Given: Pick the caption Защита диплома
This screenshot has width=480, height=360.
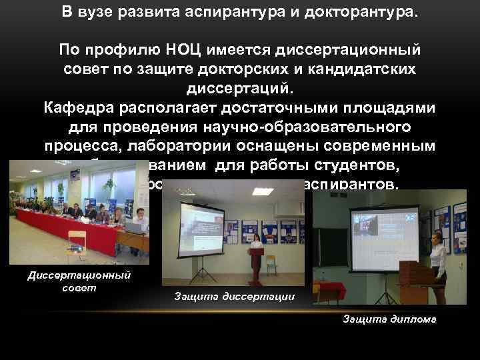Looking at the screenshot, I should coord(389,319).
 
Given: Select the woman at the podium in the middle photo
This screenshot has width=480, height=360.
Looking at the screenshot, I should coord(255,247).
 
